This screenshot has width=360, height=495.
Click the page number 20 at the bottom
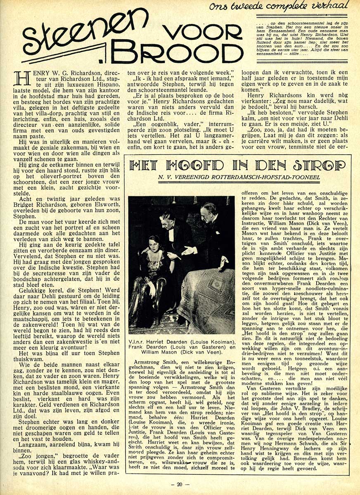point(180,484)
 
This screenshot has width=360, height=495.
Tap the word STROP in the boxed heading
point(320,166)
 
